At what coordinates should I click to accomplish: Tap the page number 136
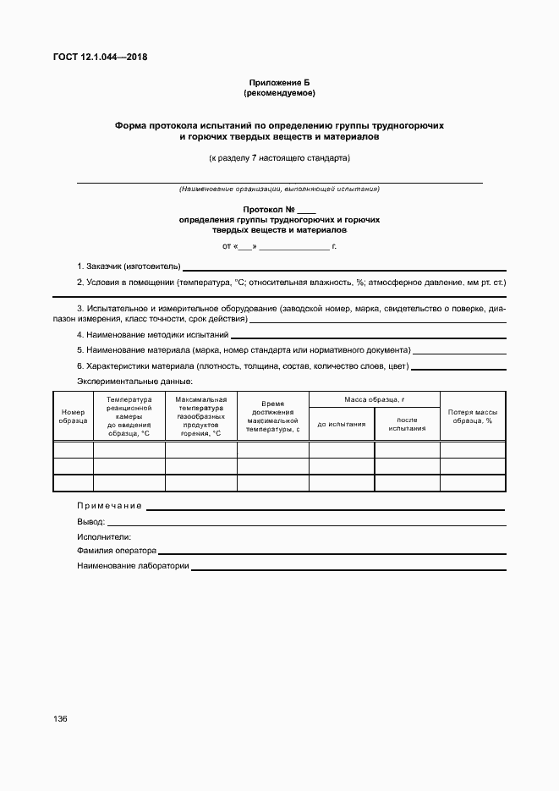click(60, 718)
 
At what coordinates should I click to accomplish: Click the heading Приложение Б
click(279, 82)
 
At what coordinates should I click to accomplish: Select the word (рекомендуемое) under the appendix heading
click(279, 92)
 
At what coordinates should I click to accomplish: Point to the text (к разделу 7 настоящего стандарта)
click(279, 157)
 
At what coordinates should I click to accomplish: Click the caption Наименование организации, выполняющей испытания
click(279, 189)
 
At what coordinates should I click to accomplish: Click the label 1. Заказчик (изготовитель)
click(129, 266)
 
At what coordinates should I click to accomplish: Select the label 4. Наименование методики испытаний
click(153, 335)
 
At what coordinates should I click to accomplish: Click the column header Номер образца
click(73, 416)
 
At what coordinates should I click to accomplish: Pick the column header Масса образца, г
click(375, 399)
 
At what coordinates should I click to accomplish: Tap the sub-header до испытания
click(342, 424)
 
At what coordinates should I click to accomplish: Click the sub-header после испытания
click(407, 424)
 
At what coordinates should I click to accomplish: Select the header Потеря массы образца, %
click(472, 416)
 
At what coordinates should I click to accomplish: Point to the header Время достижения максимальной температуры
click(272, 416)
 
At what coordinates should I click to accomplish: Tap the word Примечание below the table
click(109, 506)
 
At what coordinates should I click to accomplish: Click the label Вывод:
click(90, 522)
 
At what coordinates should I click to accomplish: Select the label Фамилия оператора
click(117, 551)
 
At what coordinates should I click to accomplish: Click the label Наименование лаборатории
click(132, 566)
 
